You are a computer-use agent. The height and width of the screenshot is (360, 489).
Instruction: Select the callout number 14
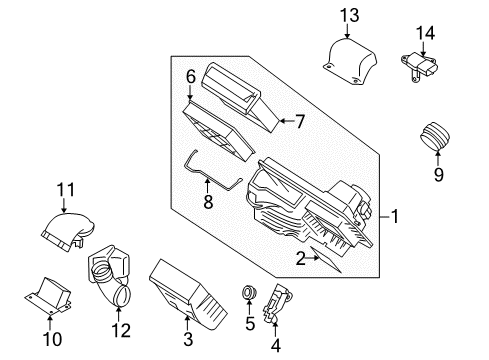[426, 33]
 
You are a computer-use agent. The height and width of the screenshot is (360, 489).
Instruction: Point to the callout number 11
[65, 189]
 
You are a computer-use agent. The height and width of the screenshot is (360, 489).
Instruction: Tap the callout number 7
[298, 122]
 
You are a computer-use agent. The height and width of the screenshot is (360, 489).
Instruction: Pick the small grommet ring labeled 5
[249, 294]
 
